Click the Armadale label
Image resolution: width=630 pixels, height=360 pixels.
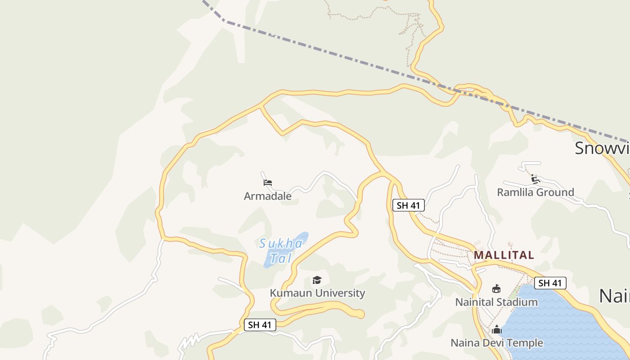click(267, 196)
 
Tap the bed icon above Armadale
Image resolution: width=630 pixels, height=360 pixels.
click(268, 183)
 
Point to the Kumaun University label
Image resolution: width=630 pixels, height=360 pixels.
click(317, 293)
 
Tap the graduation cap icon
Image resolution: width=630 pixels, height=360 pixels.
click(317, 280)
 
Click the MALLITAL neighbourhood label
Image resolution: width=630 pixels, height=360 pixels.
click(504, 255)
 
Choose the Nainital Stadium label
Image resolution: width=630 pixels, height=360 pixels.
click(496, 302)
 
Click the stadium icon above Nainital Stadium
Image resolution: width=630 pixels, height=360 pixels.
click(496, 288)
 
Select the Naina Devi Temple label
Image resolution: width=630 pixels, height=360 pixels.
click(497, 343)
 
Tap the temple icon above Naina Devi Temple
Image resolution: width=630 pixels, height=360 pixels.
click(497, 329)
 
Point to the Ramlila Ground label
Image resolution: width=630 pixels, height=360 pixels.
click(535, 192)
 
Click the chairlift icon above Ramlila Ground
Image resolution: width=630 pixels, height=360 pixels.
click(535, 179)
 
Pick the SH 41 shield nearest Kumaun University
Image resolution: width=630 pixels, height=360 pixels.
click(260, 325)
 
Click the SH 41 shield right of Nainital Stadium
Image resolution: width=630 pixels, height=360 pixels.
click(550, 283)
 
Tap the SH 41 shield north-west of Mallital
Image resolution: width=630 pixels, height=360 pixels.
click(409, 206)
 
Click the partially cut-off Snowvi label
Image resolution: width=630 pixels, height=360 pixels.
click(602, 148)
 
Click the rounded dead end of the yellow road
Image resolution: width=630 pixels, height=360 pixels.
click(360, 314)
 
